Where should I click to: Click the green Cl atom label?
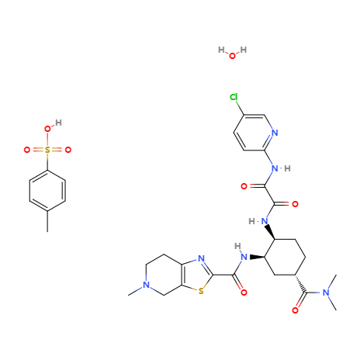tap(234, 97)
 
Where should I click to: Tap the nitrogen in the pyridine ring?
tap(275, 133)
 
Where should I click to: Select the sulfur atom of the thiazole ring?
tap(201, 292)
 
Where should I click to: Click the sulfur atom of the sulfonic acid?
tap(47, 150)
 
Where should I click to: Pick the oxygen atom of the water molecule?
tap(232, 56)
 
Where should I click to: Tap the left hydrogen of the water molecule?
tap(221, 50)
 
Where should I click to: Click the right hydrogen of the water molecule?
tap(244, 50)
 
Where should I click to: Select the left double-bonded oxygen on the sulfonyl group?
tap(27, 150)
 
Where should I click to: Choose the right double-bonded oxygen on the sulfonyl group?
tap(68, 150)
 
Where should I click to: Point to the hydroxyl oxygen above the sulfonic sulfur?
tap(47, 129)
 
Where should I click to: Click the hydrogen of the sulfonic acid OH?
tap(58, 123)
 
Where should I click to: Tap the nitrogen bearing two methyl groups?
tap(326, 292)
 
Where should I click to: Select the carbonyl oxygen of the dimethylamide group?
tap(296, 310)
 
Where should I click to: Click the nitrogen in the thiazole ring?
tap(201, 258)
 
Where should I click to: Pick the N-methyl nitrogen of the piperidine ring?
tap(147, 285)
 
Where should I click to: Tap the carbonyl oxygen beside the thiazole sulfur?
tap(244, 292)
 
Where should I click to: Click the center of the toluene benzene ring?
tap(47, 191)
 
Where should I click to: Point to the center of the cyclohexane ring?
tap(285, 257)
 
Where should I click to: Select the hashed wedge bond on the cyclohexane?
tap(300, 284)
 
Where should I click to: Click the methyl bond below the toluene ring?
tap(47, 221)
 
